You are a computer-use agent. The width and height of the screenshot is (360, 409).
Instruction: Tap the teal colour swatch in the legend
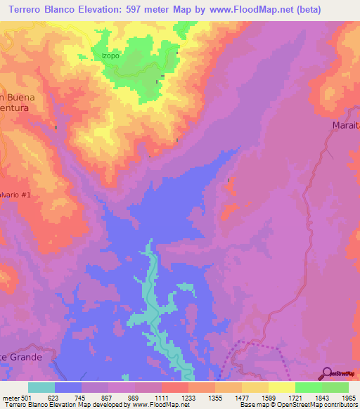click(41, 387)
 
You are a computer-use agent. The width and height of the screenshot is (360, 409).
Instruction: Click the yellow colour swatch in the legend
click(281, 387)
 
